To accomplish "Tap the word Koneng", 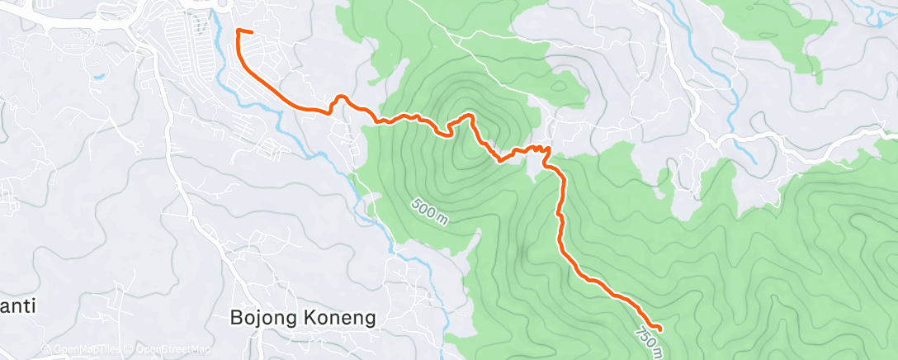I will [341, 318].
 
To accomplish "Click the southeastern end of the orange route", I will [660, 331].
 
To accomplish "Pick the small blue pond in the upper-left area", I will [99, 77].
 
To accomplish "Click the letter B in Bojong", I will [236, 318].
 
